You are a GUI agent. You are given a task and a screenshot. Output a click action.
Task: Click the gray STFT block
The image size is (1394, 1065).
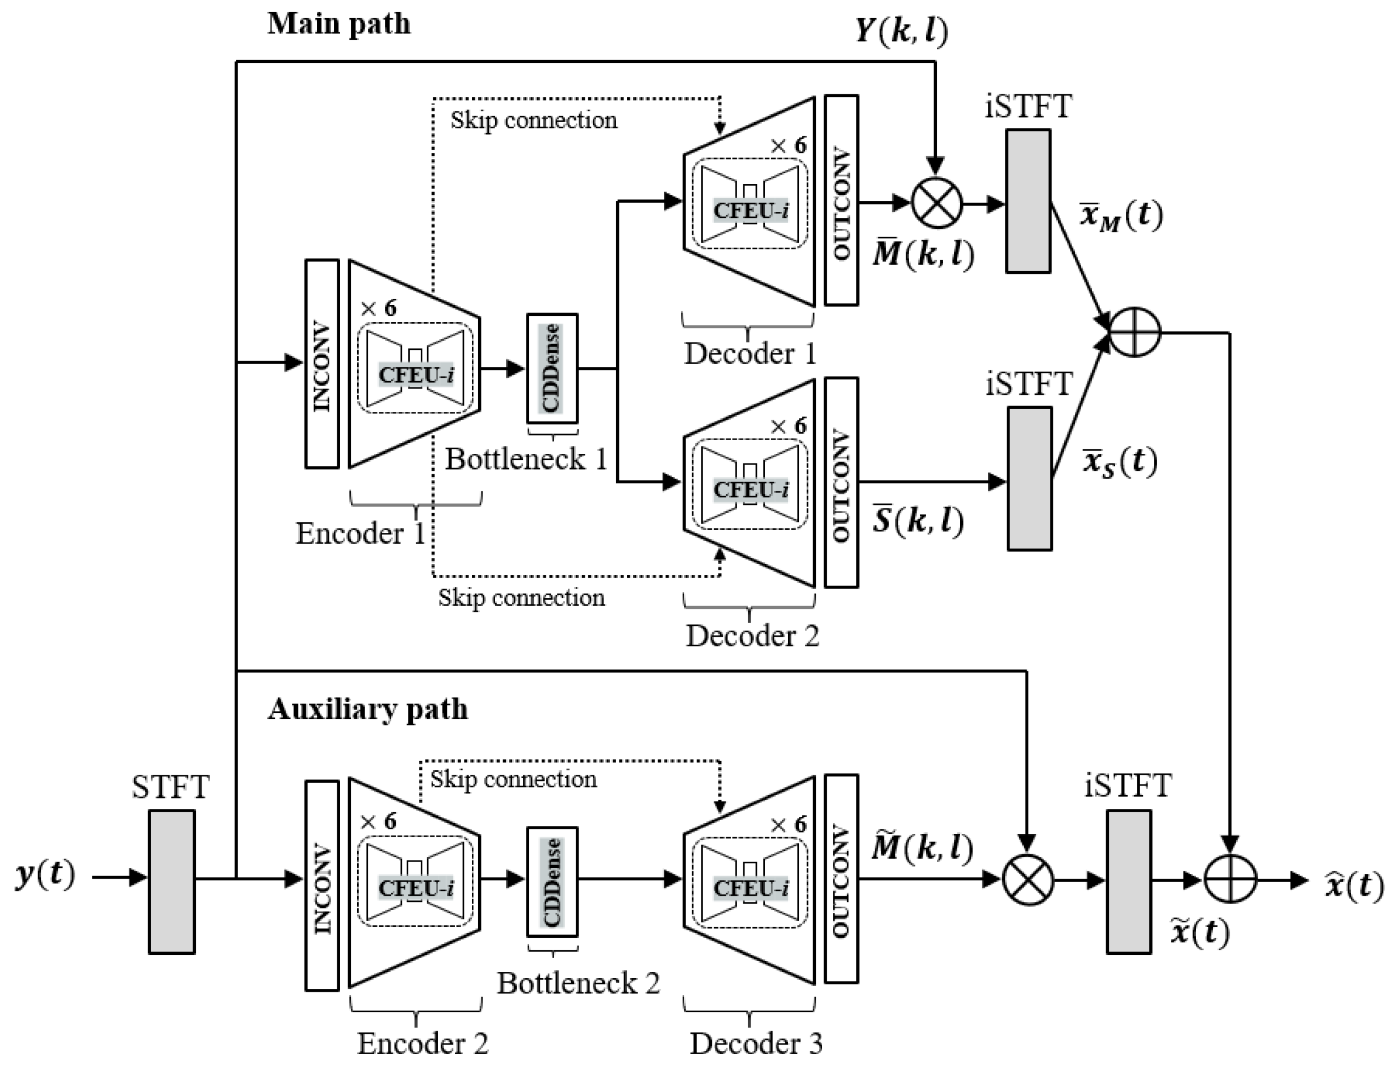(171, 882)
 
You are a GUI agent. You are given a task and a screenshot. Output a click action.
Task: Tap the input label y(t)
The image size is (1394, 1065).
(45, 875)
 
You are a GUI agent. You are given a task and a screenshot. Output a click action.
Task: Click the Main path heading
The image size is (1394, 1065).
(339, 24)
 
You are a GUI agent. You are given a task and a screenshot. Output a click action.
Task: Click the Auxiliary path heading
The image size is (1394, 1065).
(367, 709)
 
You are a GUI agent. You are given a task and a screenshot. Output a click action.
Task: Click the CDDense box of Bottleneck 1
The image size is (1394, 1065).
(552, 368)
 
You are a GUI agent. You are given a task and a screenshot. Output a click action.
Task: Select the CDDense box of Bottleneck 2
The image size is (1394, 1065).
(552, 882)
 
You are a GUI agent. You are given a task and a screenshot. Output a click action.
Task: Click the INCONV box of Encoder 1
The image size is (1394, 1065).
(322, 364)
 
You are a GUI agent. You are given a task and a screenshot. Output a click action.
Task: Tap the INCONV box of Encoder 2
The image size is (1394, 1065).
(322, 885)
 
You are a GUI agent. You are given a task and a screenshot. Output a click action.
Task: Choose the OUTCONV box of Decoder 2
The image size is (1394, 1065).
(841, 482)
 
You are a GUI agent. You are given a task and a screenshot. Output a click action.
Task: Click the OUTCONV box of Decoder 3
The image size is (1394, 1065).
(841, 879)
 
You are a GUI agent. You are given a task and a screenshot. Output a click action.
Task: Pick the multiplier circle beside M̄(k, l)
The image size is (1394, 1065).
(936, 203)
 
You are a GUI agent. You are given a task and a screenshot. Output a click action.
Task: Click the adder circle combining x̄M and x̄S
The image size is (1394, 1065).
(1134, 332)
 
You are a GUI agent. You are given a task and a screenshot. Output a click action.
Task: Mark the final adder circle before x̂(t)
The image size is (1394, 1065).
(1229, 879)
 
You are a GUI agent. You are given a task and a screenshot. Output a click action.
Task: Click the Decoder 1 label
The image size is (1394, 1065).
(750, 354)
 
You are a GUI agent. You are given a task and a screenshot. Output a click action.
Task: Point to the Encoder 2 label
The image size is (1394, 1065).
(422, 1043)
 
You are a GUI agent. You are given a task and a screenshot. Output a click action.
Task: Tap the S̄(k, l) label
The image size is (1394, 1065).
(918, 520)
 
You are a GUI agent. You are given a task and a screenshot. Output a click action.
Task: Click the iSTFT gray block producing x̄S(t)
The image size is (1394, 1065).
(1029, 479)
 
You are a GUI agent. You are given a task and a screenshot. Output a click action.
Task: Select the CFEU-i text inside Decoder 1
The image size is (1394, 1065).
(751, 211)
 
